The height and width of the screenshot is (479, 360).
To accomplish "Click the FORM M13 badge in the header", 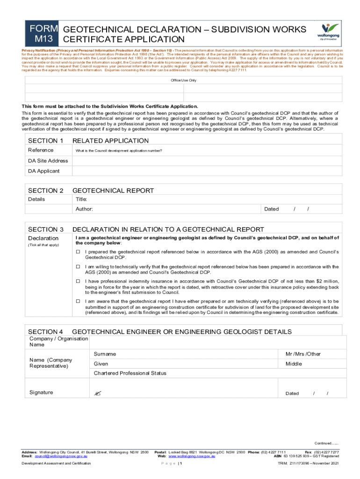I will (x=44, y=34).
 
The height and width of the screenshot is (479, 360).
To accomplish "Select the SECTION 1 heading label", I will (x=46, y=141).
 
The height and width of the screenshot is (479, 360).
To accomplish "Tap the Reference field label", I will (x=41, y=150).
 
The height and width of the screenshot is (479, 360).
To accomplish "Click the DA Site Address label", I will (x=48, y=160).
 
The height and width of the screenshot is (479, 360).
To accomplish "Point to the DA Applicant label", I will (x=44, y=171).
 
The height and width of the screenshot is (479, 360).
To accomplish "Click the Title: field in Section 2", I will (x=82, y=199).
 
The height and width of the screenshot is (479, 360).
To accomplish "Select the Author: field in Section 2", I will (x=84, y=209).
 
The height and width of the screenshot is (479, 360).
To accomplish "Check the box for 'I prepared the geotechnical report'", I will (x=79, y=252).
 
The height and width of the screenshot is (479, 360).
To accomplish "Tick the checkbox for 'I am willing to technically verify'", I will (x=79, y=267).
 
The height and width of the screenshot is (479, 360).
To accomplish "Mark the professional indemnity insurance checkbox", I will (x=79, y=281).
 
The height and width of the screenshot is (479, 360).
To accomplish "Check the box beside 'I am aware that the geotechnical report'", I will (x=79, y=301).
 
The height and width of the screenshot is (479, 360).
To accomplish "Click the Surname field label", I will (x=105, y=354).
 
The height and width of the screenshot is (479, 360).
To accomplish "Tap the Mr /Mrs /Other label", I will (x=303, y=354).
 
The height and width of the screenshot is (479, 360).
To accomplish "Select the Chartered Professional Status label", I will (x=130, y=373).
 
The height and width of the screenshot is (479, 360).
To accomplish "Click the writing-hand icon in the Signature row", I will (x=97, y=393).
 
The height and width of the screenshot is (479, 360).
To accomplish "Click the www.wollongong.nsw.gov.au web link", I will (x=192, y=456).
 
